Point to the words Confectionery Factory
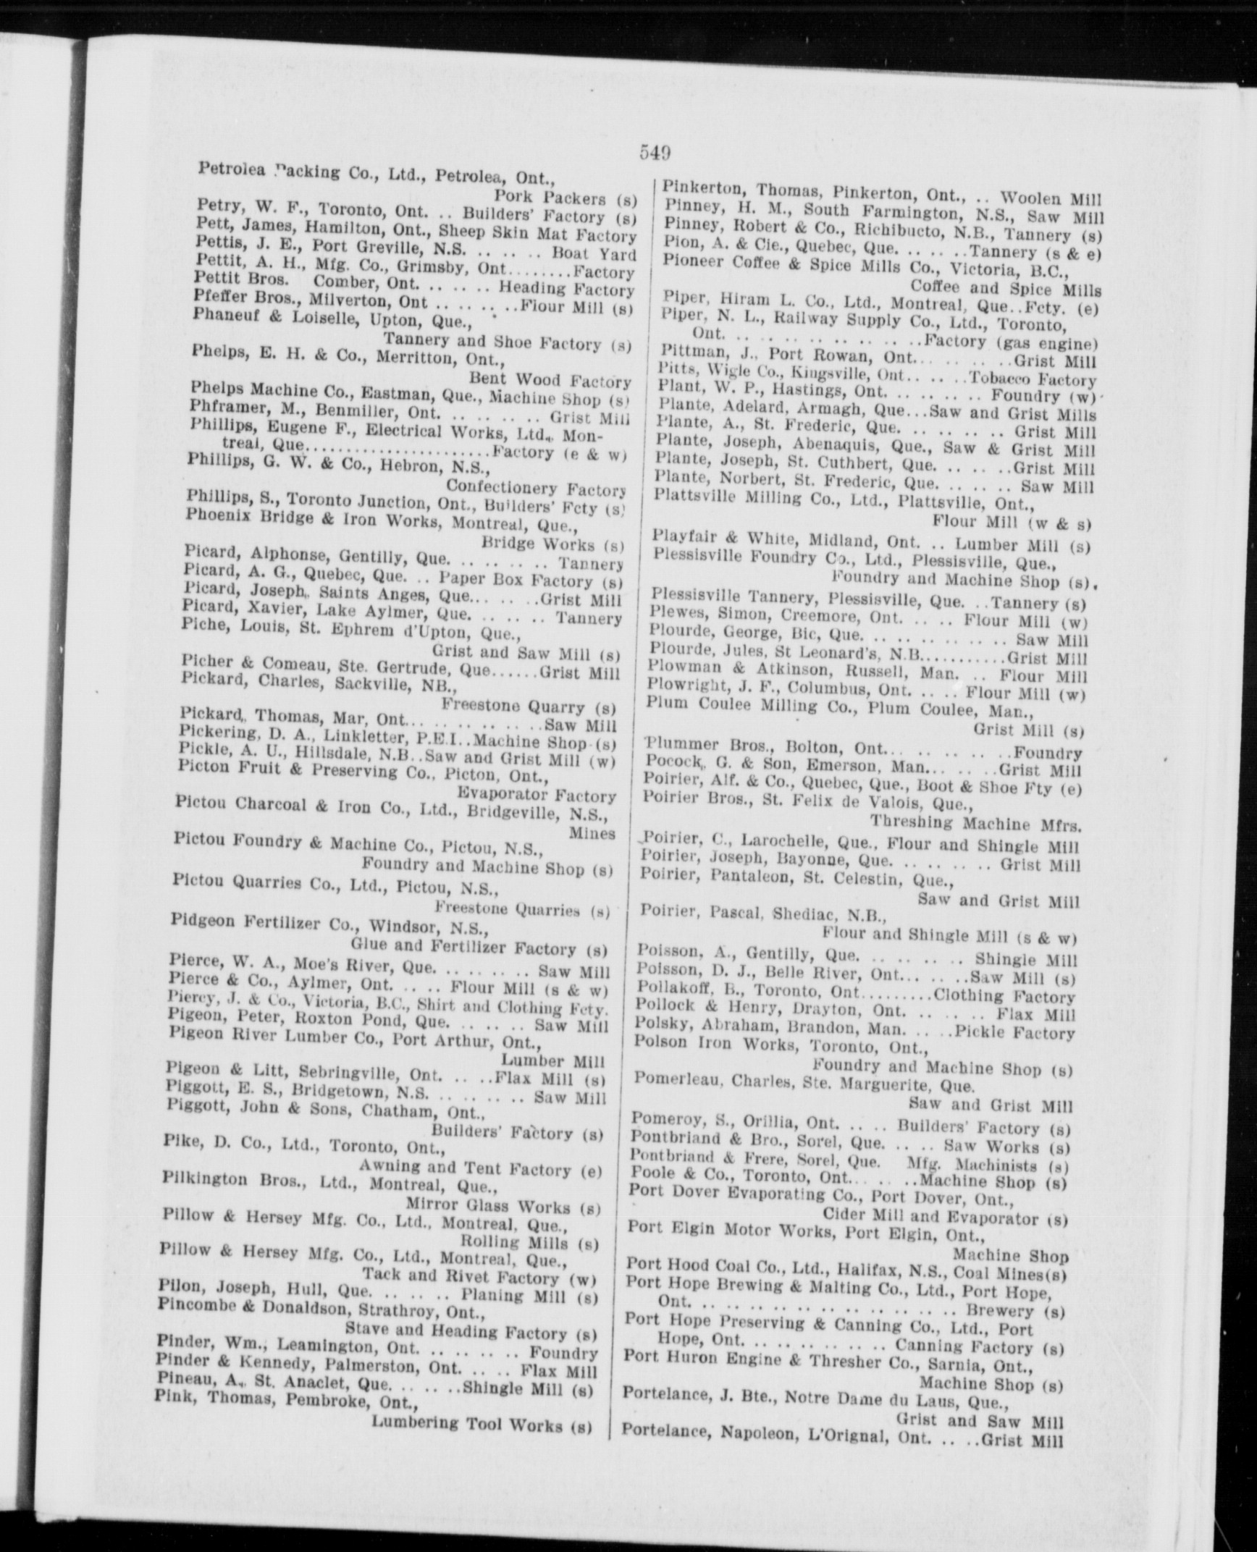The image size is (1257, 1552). [535, 489]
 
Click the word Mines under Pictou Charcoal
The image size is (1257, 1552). [592, 832]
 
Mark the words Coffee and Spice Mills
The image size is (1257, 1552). [1006, 289]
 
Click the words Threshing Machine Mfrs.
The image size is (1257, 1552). [975, 823]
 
